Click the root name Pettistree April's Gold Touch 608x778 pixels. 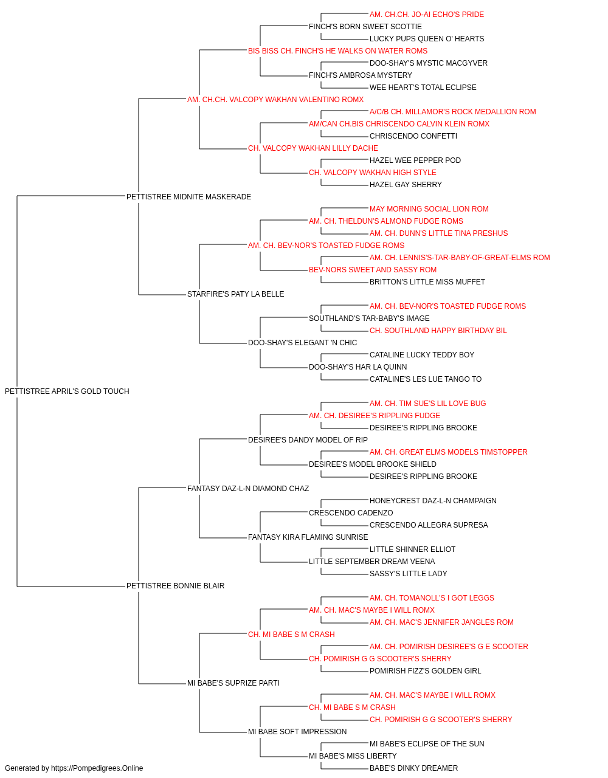pos(67,391)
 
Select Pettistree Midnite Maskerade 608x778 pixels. pos(188,196)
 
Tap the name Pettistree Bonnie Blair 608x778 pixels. pos(176,586)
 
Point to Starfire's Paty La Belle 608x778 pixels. pos(236,294)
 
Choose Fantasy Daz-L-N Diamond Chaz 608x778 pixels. pos(248,488)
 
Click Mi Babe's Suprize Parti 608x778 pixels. pos(233,683)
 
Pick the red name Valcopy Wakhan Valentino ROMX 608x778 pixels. pos(275,100)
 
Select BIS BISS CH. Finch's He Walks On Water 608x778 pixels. pos(337,51)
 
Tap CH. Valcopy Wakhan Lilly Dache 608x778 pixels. pos(313,148)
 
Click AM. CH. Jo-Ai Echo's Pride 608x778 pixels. pos(427,15)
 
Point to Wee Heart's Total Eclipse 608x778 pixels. pos(423,88)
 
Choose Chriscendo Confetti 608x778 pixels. pos(413,136)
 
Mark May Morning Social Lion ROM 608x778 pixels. pos(429,208)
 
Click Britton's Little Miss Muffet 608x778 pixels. pos(427,282)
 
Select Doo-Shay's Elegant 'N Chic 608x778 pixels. pos(303,343)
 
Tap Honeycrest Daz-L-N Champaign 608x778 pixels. pos(433,500)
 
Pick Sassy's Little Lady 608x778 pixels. pos(408,574)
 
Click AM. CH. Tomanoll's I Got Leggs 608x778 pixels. pos(432,598)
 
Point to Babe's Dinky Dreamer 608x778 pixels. pos(413,768)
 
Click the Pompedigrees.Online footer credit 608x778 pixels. pos(74,768)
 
